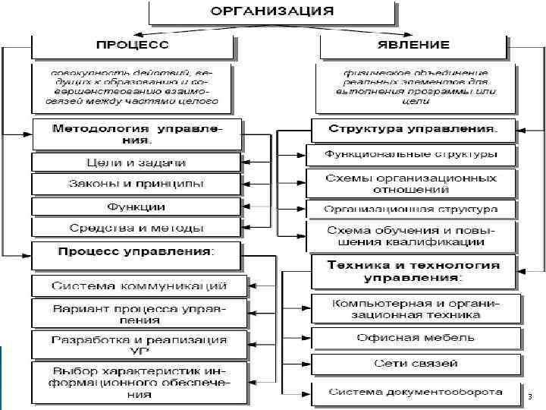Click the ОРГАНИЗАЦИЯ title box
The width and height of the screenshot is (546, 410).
click(x=271, y=12)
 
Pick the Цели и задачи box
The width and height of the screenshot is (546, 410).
click(x=137, y=162)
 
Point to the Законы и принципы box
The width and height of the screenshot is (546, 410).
click(x=137, y=184)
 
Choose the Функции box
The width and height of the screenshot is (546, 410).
click(x=137, y=207)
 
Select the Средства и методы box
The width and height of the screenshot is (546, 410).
click(x=137, y=228)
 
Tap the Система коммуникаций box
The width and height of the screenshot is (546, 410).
click(x=140, y=286)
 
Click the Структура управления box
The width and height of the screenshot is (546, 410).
click(x=413, y=129)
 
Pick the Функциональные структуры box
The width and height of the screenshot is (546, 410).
click(x=412, y=155)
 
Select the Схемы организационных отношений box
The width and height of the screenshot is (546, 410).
click(x=412, y=184)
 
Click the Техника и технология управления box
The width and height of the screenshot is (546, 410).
click(x=413, y=272)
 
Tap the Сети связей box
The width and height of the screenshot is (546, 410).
click(x=416, y=364)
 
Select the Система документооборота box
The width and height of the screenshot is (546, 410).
click(x=416, y=393)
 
